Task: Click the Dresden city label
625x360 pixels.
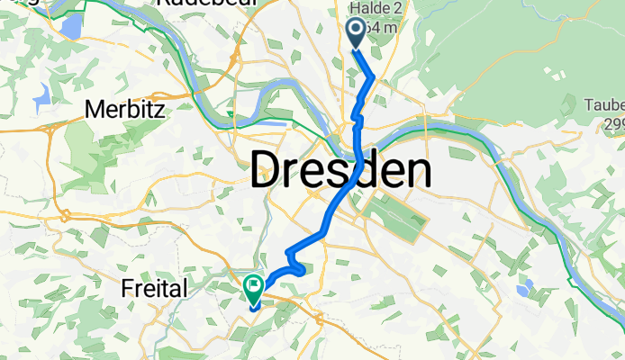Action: [x=340, y=170]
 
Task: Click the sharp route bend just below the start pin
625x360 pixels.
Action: [x=373, y=79]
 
